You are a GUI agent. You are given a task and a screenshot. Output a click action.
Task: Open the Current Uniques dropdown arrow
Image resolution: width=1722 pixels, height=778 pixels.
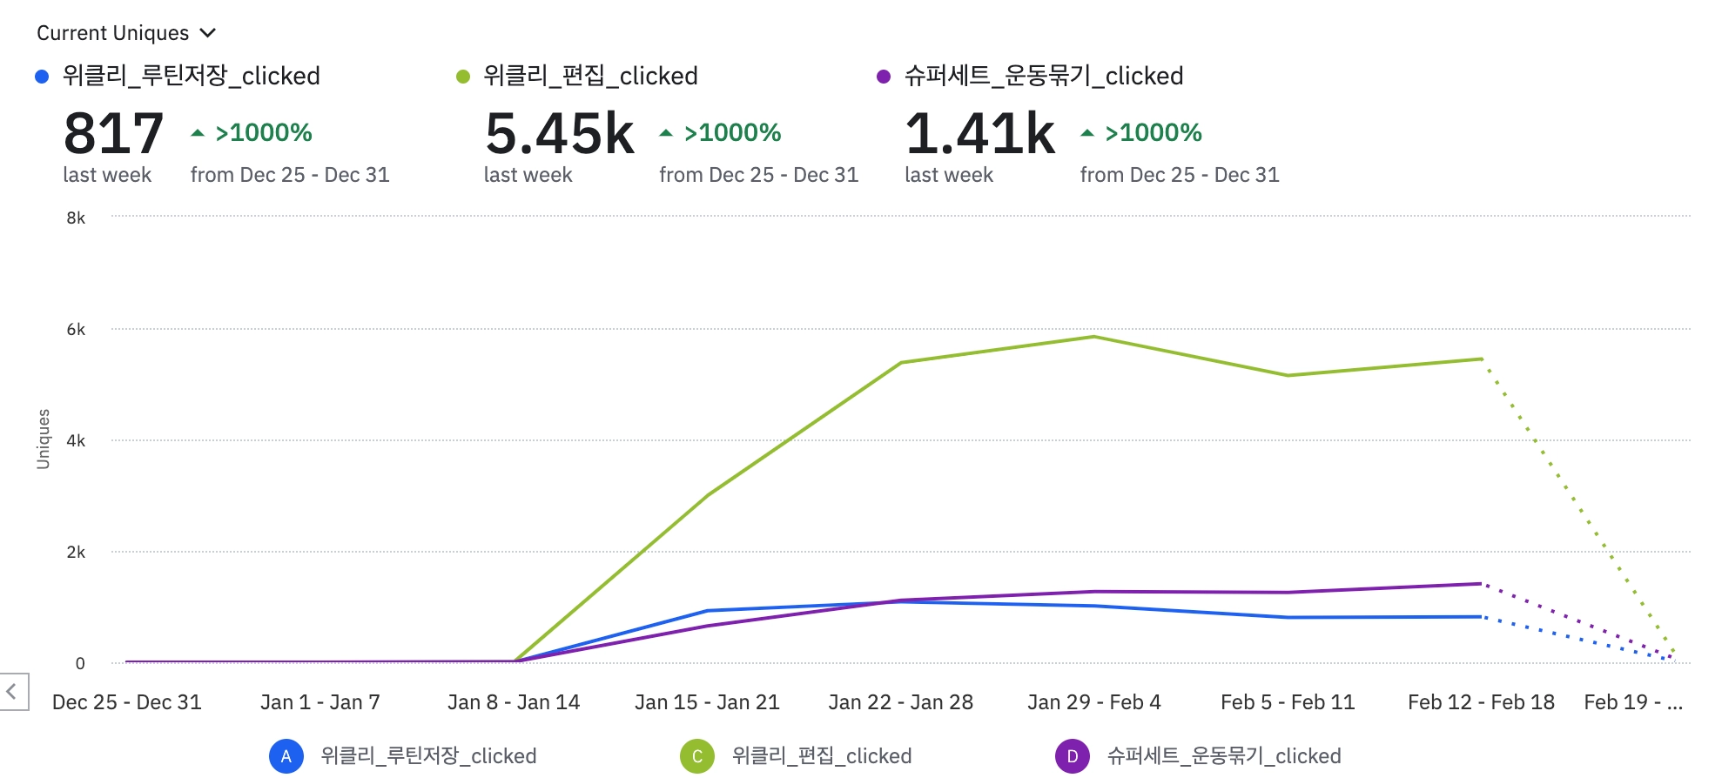[x=207, y=33]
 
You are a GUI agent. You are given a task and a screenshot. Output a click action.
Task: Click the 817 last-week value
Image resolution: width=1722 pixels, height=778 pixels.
[x=113, y=134]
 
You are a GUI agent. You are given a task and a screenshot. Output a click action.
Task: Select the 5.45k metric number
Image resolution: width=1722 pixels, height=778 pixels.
[x=560, y=134]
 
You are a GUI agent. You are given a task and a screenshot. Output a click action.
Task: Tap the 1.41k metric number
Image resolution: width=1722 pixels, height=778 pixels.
[x=980, y=134]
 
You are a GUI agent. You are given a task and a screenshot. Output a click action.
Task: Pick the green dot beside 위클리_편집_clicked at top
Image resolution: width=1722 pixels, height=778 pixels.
[x=463, y=77]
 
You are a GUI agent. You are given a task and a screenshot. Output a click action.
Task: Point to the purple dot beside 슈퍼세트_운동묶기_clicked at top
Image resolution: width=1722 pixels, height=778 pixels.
[x=884, y=77]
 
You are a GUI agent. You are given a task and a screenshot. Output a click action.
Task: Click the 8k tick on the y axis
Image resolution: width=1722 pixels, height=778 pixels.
[x=76, y=218]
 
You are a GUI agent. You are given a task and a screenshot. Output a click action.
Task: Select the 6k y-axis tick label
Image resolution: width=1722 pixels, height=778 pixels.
[x=76, y=329]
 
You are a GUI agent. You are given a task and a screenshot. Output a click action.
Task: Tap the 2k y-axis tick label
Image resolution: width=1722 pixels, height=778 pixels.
[x=76, y=552]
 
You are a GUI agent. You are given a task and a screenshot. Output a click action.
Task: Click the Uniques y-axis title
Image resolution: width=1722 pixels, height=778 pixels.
[x=43, y=439]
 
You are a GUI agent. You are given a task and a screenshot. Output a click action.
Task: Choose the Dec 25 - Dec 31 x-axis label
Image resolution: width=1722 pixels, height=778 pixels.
[x=127, y=702]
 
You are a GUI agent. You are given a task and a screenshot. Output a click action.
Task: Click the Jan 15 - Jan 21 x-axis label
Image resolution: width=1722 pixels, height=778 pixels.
[x=707, y=702]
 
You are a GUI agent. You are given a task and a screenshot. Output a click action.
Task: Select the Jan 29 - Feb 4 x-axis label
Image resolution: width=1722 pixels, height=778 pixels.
[x=1094, y=702]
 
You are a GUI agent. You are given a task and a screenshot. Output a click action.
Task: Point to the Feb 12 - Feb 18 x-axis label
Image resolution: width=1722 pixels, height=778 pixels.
[x=1481, y=702]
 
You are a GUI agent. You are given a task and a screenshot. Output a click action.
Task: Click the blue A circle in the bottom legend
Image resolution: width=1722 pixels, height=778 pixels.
[x=286, y=756]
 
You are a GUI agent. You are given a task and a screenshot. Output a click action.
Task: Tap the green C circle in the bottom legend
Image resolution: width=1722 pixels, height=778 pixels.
[x=697, y=756]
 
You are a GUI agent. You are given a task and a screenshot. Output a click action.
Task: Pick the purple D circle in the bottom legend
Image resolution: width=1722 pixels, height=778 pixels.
[x=1073, y=756]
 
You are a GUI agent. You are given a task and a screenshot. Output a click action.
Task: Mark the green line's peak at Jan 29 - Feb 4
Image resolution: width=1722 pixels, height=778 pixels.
[x=1094, y=337]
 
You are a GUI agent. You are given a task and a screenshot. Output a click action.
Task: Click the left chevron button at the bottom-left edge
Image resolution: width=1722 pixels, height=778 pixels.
[x=12, y=692]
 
